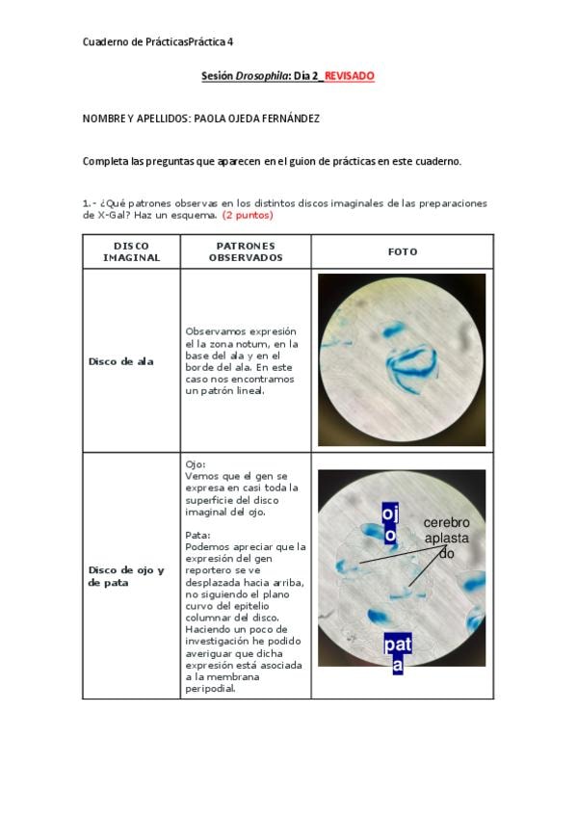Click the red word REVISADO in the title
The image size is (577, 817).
pyautogui.click(x=349, y=76)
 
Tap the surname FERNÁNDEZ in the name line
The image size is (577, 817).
pyautogui.click(x=291, y=119)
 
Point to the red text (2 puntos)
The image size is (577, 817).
pyautogui.click(x=248, y=215)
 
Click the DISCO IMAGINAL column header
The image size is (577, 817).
pyautogui.click(x=131, y=251)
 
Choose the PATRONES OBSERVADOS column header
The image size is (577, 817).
pyautogui.click(x=246, y=251)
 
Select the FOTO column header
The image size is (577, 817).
pyautogui.click(x=403, y=251)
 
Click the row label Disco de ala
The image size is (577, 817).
pyautogui.click(x=120, y=361)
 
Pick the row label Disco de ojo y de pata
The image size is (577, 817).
pyautogui.click(x=126, y=576)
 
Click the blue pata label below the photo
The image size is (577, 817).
pyautogui.click(x=398, y=653)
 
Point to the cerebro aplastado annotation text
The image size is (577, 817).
pyautogui.click(x=446, y=538)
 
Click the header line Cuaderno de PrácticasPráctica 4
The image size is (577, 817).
pyautogui.click(x=158, y=41)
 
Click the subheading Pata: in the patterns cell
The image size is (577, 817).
pyautogui.click(x=197, y=535)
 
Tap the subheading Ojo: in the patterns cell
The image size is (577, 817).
pyautogui.click(x=196, y=464)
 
